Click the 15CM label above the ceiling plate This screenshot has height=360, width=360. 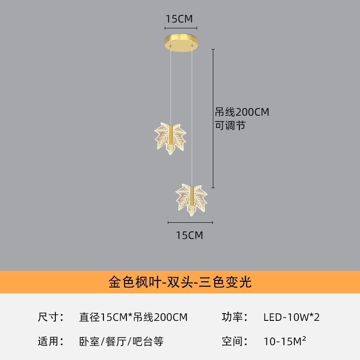click(x=179, y=19)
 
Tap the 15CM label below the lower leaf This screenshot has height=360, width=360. click(x=189, y=235)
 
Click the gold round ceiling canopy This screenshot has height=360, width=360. click(x=181, y=43)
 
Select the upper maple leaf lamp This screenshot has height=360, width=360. click(x=170, y=139)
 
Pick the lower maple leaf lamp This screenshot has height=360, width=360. click(x=192, y=199)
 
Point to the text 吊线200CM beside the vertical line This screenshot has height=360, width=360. click(x=242, y=112)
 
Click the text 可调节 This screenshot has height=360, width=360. click(x=230, y=126)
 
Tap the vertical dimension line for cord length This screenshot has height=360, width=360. click(x=213, y=118)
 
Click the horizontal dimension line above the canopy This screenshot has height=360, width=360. click(x=181, y=28)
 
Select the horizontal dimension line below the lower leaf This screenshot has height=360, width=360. click(x=190, y=222)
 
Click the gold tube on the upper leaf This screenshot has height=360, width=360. click(x=171, y=134)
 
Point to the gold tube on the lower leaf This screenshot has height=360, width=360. click(x=192, y=196)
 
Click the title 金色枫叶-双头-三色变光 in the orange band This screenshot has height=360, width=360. click(x=180, y=282)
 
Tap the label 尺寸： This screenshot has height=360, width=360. click(x=51, y=317)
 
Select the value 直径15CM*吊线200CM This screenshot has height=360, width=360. click(x=133, y=317)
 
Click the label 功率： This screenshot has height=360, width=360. click(x=234, y=317)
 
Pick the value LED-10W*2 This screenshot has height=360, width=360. click(x=291, y=317)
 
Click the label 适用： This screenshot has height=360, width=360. click(x=51, y=342)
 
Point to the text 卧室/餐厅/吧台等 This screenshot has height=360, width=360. click(x=121, y=342)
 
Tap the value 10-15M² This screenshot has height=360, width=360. click(x=285, y=341)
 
